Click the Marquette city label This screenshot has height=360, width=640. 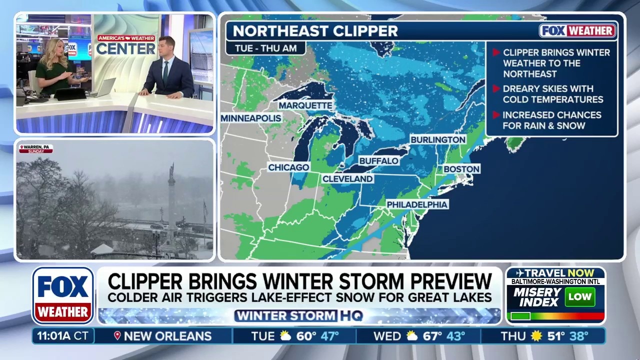(x=305, y=105)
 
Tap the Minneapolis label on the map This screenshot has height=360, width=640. (x=251, y=118)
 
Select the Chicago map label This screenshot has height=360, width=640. (x=288, y=167)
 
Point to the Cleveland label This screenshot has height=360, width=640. (x=347, y=178)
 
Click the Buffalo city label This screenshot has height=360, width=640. (x=378, y=161)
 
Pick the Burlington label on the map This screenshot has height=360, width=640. (x=438, y=139)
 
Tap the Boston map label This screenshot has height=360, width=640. (x=461, y=169)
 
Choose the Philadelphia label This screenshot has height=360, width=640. (x=417, y=204)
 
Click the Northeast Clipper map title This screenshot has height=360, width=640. (x=315, y=30)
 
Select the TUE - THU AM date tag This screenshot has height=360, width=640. (x=265, y=48)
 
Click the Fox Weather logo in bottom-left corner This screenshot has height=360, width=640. (x=63, y=295)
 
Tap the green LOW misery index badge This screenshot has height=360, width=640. (x=580, y=297)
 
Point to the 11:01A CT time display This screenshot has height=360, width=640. (x=62, y=336)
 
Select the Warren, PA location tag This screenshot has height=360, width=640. (x=35, y=149)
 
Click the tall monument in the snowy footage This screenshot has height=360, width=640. (x=171, y=197)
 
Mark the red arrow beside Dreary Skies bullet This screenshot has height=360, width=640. (x=496, y=88)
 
